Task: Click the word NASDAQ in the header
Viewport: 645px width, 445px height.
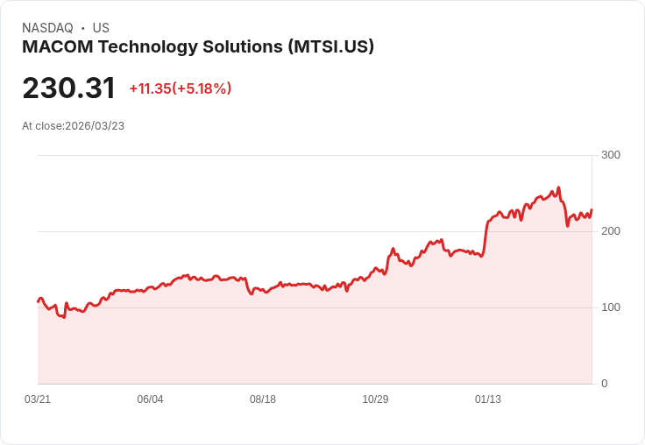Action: pyautogui.click(x=47, y=28)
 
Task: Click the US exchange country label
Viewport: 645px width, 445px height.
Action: pyautogui.click(x=101, y=28)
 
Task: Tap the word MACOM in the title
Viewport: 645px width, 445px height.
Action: pyautogui.click(x=53, y=47)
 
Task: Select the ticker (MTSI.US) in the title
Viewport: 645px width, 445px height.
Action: pyautogui.click(x=330, y=47)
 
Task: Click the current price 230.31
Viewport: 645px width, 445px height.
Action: pyautogui.click(x=68, y=88)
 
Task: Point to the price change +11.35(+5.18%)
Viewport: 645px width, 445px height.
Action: pyautogui.click(x=180, y=88)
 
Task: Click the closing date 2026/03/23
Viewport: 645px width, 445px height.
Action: pyautogui.click(x=95, y=126)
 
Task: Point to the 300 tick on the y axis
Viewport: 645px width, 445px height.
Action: pyautogui.click(x=611, y=155)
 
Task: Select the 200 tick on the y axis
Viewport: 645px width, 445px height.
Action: pyautogui.click(x=611, y=231)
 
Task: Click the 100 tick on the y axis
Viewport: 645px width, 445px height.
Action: pyautogui.click(x=611, y=307)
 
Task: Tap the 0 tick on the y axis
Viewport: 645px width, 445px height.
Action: pyautogui.click(x=605, y=384)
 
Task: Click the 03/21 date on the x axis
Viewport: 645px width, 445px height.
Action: pyautogui.click(x=38, y=399)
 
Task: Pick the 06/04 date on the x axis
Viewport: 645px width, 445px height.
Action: pyautogui.click(x=150, y=399)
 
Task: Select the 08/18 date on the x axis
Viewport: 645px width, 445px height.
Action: pyautogui.click(x=263, y=399)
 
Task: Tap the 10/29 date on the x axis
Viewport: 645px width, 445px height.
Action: pyautogui.click(x=375, y=399)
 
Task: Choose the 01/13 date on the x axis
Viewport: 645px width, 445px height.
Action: pyautogui.click(x=488, y=399)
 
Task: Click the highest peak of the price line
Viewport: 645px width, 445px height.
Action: pyautogui.click(x=558, y=187)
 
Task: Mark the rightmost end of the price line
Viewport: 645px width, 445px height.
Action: pyautogui.click(x=592, y=209)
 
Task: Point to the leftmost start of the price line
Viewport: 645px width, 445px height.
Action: pyautogui.click(x=38, y=301)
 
